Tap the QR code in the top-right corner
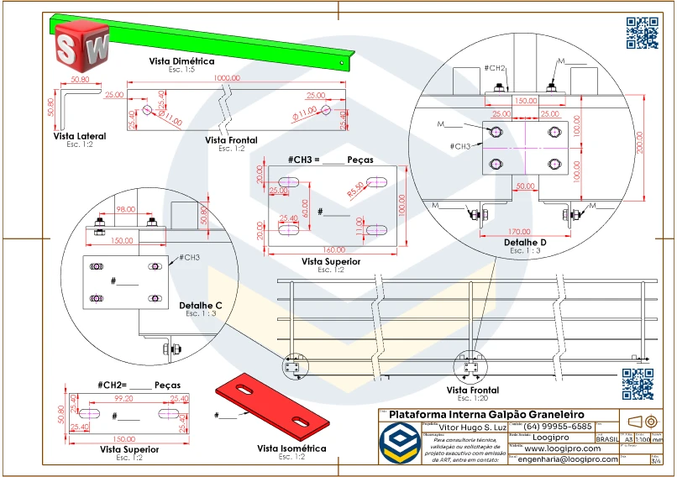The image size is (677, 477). tap(642, 33)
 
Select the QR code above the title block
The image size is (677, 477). tap(637, 384)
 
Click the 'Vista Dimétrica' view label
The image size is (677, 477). tap(181, 61)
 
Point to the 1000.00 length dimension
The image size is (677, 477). tap(226, 78)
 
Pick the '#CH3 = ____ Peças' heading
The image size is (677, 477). tap(330, 160)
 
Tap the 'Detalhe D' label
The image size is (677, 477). tap(526, 242)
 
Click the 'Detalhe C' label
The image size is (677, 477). tap(201, 305)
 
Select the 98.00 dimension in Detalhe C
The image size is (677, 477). tap(125, 209)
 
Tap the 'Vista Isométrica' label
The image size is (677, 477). tap(291, 448)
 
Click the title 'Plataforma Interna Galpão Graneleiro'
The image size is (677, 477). tap(485, 415)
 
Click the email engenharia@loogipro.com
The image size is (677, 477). tap(569, 459)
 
